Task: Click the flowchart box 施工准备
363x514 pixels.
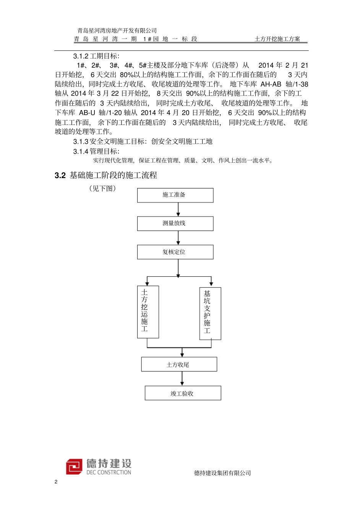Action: point(175,195)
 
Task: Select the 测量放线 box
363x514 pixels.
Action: point(175,224)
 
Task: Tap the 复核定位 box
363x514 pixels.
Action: point(175,252)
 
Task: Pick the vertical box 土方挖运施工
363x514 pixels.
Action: point(148,312)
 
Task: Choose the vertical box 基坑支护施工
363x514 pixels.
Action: point(210,313)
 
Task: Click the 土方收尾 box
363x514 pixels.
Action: point(179,364)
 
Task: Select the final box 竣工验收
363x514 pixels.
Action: point(183,393)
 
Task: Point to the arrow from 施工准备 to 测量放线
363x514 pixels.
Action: point(178,209)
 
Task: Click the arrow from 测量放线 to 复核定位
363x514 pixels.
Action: point(178,238)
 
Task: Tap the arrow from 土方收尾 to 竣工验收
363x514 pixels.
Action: point(182,378)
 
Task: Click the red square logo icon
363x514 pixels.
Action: point(74,467)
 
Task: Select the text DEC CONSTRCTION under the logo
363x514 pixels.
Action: point(109,472)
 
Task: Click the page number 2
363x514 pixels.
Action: point(56,482)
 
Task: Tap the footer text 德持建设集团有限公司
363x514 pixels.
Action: point(222,473)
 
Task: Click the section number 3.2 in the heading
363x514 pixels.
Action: point(60,175)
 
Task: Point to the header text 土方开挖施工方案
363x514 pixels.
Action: point(277,39)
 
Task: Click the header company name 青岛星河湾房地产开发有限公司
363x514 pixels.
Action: point(117,31)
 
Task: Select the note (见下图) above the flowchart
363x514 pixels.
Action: point(102,188)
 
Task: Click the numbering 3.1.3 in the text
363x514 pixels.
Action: point(81,142)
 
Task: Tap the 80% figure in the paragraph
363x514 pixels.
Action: point(126,75)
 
